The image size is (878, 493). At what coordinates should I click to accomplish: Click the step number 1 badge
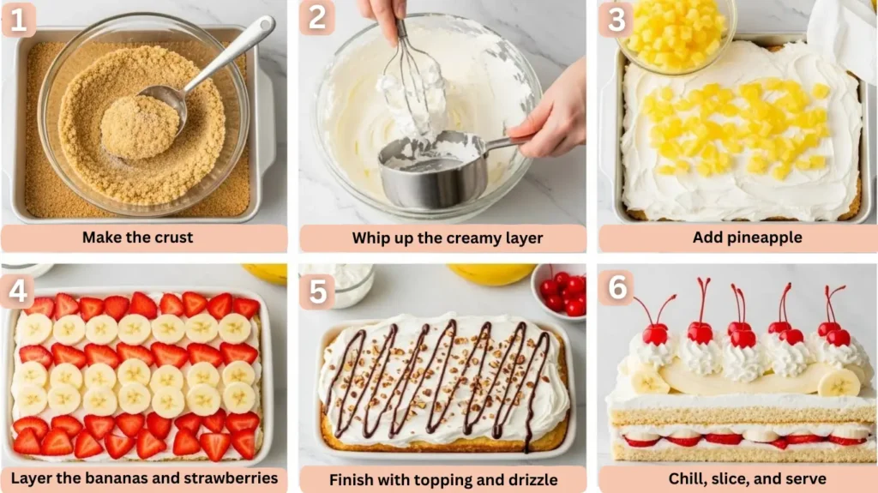pos(19,19)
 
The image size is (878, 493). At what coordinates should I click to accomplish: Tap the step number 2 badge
pos(317,17)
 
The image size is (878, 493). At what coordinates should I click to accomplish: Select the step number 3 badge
pos(616,19)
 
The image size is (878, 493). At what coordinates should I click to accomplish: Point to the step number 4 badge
pos(18,291)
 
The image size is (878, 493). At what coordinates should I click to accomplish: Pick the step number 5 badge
pos(317,292)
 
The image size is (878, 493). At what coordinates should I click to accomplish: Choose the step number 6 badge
pos(616,288)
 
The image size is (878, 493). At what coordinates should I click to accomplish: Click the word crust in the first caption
pos(173,237)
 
